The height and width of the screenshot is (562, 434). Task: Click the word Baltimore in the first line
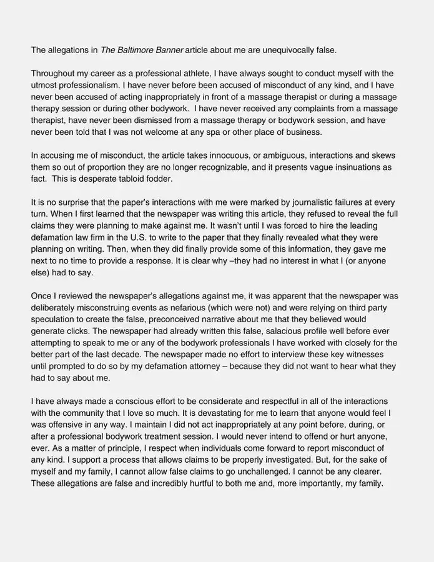pyautogui.click(x=136, y=49)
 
